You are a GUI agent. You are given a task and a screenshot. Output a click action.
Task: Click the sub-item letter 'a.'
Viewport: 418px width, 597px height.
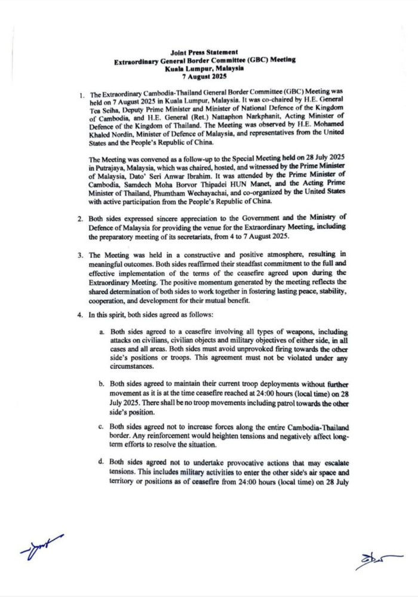pos(103,331)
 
